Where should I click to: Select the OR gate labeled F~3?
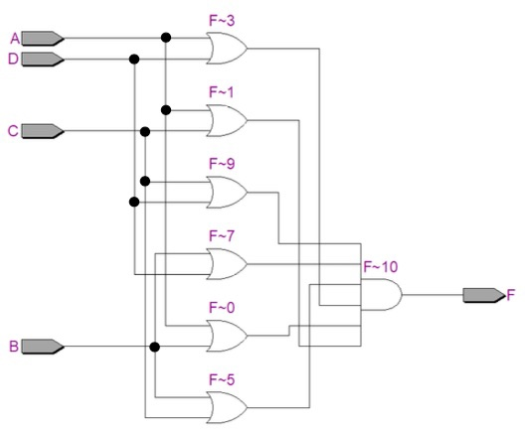pyautogui.click(x=227, y=47)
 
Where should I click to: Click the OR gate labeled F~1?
pyautogui.click(x=227, y=120)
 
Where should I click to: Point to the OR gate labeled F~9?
pyautogui.click(x=227, y=192)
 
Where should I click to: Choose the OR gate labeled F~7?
pyautogui.click(x=227, y=263)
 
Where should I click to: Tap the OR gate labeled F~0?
pyautogui.click(x=227, y=336)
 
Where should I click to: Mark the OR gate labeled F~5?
pyautogui.click(x=227, y=406)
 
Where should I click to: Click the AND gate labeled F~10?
pyautogui.click(x=383, y=295)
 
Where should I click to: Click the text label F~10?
pyautogui.click(x=380, y=266)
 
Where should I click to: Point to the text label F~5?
pyautogui.click(x=222, y=378)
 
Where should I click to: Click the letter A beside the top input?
pyautogui.click(x=14, y=39)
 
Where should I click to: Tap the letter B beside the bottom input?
pyautogui.click(x=14, y=347)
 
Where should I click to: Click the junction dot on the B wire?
pyautogui.click(x=154, y=347)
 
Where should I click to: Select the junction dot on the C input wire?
pyautogui.click(x=145, y=131)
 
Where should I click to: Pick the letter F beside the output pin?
pyautogui.click(x=511, y=295)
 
